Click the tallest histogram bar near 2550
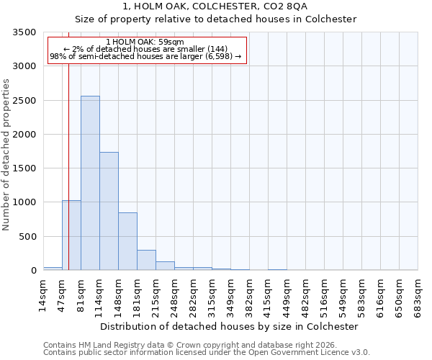90,183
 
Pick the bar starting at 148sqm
127,241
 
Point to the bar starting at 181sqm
146,260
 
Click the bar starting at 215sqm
165,266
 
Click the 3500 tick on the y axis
24,32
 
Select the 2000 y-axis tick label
24,135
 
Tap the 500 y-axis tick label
27,237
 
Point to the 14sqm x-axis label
43,295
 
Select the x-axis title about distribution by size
229,326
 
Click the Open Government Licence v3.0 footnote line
207,352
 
